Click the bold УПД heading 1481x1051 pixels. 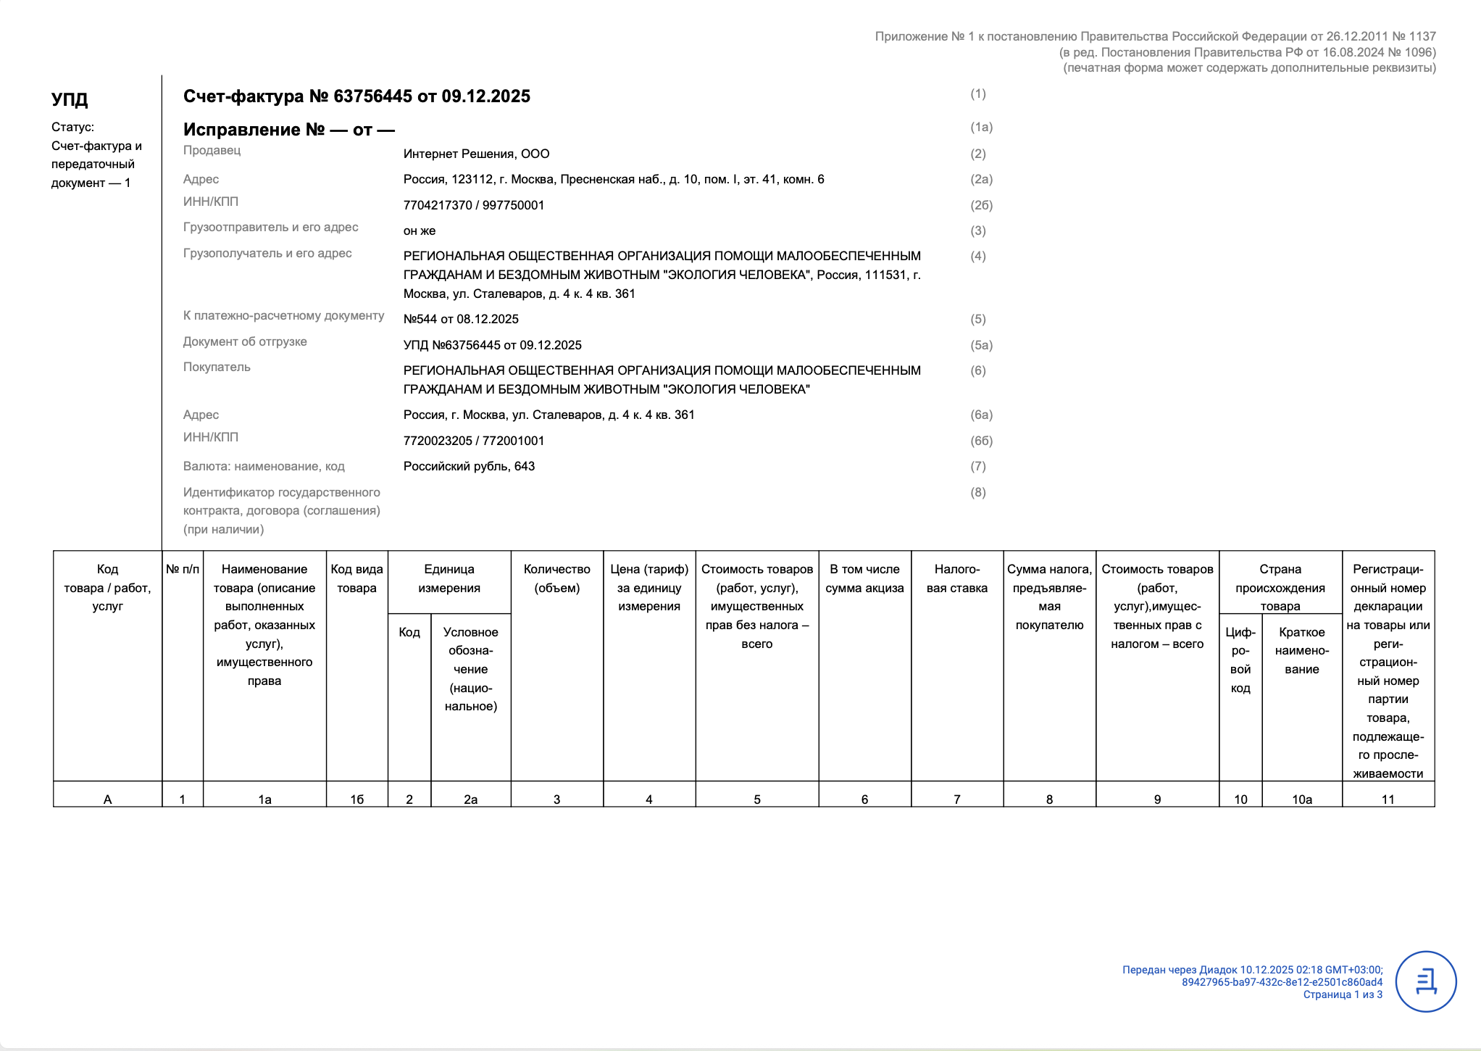click(70, 99)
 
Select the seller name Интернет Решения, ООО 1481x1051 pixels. click(476, 154)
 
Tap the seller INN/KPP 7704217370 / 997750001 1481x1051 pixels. click(473, 205)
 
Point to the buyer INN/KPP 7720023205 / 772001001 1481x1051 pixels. click(473, 441)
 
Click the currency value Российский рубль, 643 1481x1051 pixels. click(469, 466)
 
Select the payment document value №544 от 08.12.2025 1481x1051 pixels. click(461, 319)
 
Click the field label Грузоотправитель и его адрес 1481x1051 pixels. click(270, 227)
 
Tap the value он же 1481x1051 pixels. click(420, 230)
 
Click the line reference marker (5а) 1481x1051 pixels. click(981, 345)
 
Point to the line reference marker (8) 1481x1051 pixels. click(977, 492)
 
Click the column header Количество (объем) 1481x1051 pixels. click(556, 578)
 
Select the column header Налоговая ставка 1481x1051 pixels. click(956, 578)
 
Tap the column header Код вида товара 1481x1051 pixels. click(356, 578)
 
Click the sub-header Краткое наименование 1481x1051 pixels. click(1301, 650)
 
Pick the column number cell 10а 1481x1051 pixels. click(1301, 799)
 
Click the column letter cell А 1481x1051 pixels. click(107, 799)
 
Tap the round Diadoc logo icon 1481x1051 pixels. click(1425, 981)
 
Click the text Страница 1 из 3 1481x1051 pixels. click(1342, 994)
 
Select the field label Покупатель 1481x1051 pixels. click(217, 367)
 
